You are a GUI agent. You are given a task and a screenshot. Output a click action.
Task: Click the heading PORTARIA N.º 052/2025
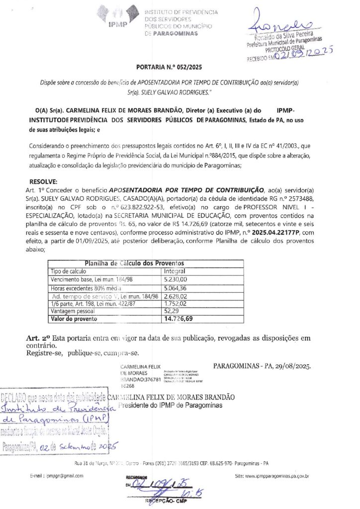(x=169, y=67)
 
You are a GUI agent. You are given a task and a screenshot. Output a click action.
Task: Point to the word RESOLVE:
(x=44, y=181)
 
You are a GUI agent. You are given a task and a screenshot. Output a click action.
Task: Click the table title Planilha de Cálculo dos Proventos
(x=134, y=263)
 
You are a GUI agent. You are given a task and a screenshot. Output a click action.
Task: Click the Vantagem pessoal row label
(x=74, y=310)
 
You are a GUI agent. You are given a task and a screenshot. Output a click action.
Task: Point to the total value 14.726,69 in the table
(x=179, y=318)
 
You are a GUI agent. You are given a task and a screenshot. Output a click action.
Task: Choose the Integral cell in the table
(x=175, y=271)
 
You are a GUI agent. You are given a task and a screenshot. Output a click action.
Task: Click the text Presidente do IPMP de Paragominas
(x=165, y=405)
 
